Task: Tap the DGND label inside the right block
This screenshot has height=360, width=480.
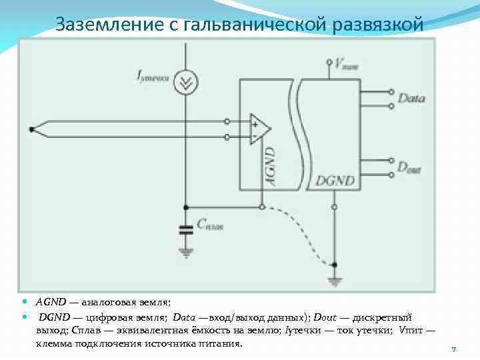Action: [x=335, y=180]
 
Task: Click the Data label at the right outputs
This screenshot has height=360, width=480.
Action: [x=411, y=98]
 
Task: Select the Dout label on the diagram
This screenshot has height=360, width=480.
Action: [x=409, y=169]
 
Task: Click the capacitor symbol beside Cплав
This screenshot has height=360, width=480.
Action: [x=185, y=229]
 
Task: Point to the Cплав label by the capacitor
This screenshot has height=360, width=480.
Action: [x=210, y=225]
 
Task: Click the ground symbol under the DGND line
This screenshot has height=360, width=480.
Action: [x=333, y=280]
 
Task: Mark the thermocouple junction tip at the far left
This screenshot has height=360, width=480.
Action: [x=31, y=129]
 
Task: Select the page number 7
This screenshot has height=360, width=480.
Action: [x=453, y=349]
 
